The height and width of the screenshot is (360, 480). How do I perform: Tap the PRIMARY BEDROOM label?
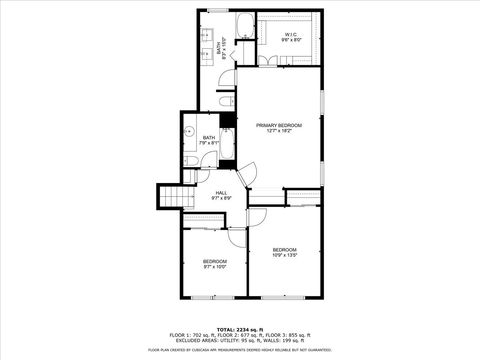coord(279,128)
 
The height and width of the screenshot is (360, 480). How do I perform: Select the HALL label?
coord(220,196)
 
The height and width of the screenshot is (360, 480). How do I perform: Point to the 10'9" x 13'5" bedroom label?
coord(285,252)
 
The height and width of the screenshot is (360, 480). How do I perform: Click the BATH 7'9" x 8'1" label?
coord(208,140)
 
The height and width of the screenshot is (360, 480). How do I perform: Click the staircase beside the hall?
coord(172,196)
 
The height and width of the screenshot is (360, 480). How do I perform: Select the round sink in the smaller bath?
coord(188,130)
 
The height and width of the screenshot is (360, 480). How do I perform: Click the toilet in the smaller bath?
coord(189,160)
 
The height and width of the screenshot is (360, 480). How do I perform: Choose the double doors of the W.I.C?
coord(267,61)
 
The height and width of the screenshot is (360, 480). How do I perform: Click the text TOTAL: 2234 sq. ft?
coord(239,328)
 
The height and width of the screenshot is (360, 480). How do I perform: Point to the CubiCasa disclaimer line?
coord(239,350)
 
